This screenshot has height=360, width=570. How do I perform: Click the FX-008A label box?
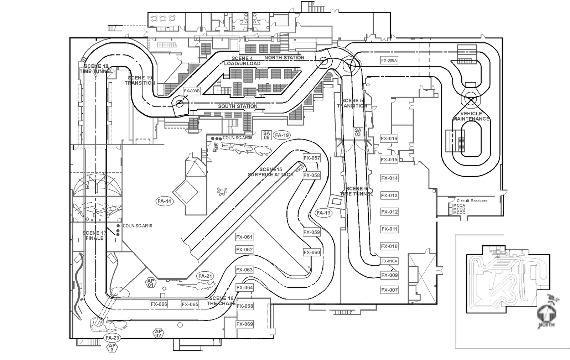pos(389,61)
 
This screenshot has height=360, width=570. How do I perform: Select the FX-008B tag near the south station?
pos(192,91)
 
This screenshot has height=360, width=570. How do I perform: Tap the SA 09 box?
pos(266,135)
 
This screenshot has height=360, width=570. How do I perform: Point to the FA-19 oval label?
pos(282,135)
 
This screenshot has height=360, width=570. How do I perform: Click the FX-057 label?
pos(311,158)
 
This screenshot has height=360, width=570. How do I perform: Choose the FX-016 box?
pos(389,139)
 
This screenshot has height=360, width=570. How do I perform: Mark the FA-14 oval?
pos(164,201)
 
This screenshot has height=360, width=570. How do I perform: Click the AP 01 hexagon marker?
pos(151,283)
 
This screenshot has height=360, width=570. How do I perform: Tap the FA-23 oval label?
pos(112,338)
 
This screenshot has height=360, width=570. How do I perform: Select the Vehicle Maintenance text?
pos(471,116)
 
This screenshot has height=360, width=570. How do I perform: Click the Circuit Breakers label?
pos(472,201)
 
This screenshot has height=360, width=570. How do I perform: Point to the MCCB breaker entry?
pos(459,209)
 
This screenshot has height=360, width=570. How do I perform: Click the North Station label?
pos(284,57)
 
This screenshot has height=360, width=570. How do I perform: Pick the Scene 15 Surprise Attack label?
pos(271,172)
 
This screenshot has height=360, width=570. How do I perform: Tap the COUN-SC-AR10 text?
pos(137,226)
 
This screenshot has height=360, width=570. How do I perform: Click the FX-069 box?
pos(245,324)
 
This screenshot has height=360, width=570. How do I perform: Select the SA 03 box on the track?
pos(358,132)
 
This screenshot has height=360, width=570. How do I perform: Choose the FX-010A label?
pos(389,261)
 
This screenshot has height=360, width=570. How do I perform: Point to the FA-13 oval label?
pos(323,213)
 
